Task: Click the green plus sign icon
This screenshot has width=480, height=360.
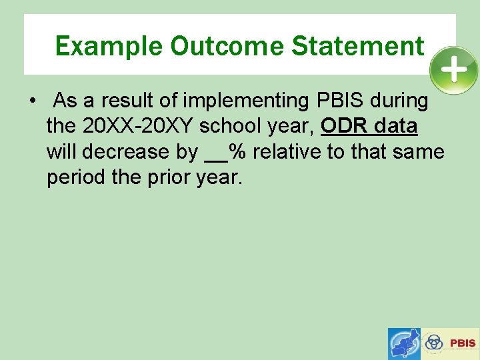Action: (453, 70)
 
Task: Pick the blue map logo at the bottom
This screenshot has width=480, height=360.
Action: (405, 343)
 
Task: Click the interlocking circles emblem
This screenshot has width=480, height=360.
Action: (434, 343)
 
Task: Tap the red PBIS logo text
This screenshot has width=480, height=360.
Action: (463, 343)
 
